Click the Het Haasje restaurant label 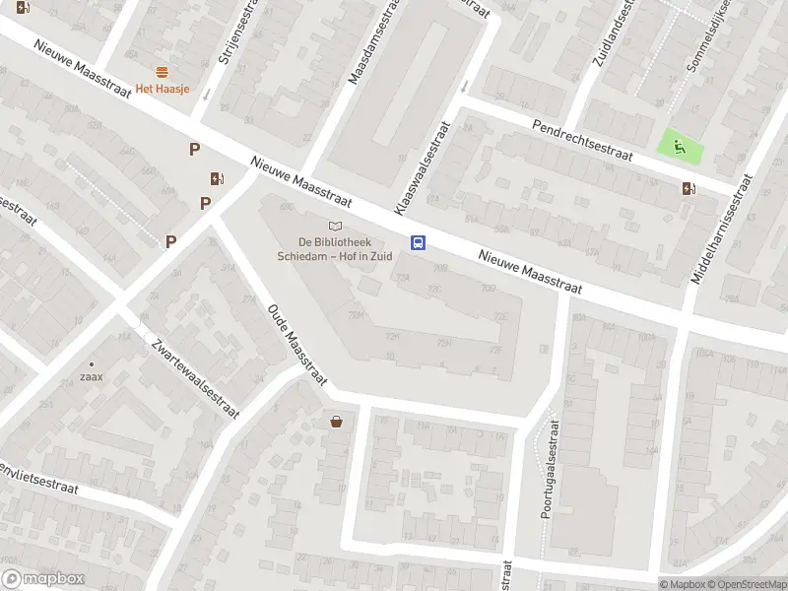pos(163,90)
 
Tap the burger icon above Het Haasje pos(162,72)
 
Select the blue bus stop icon pos(418,242)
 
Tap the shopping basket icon pos(337,422)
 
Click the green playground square pos(681,148)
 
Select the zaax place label pos(93,376)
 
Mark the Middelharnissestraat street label pos(721,230)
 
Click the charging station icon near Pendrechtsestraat pos(688,189)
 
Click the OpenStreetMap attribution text pos(744,584)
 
